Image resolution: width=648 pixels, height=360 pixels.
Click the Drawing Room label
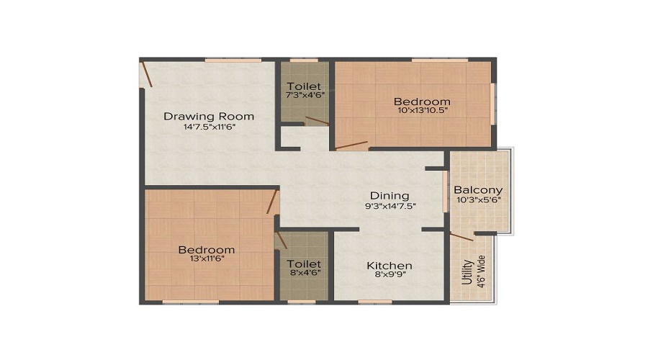pos(209,116)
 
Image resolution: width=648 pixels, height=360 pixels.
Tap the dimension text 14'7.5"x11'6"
pos(210,127)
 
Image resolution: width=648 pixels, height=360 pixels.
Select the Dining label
pos(390,196)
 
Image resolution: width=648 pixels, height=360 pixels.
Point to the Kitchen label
pos(390,266)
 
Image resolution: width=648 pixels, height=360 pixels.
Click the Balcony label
pos(478,190)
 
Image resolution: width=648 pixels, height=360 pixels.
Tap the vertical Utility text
pos(467,272)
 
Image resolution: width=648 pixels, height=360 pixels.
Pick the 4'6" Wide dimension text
pos(482,271)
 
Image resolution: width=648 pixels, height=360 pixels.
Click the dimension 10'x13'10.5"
pos(422,110)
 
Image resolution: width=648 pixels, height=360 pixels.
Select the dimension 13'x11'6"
pos(207,258)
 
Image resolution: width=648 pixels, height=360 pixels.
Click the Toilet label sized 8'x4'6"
pos(304,264)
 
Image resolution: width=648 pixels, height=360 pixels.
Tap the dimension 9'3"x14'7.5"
pos(390,206)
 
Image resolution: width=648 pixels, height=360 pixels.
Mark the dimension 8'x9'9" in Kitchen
pos(390,274)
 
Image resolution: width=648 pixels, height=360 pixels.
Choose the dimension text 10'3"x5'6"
pos(479,200)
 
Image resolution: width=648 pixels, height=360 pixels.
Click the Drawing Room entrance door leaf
pos(148,74)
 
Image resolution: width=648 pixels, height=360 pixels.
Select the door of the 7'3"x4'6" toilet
pos(317,121)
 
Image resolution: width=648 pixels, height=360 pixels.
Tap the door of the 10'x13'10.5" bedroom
pos(351,145)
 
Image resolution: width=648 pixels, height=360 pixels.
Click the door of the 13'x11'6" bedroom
pos(272,202)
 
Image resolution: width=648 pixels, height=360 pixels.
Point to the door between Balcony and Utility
pos(462,236)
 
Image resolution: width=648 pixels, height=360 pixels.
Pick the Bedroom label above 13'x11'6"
pos(207,250)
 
